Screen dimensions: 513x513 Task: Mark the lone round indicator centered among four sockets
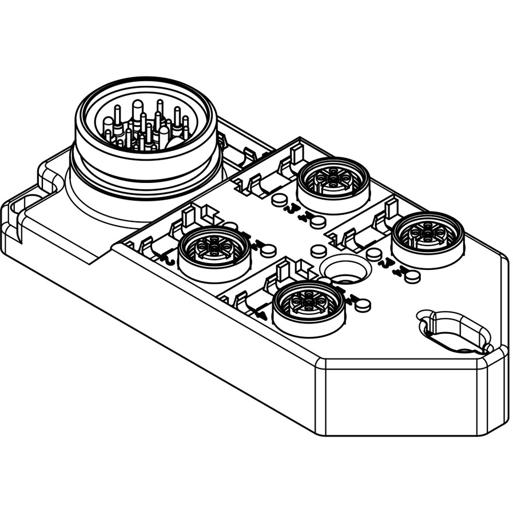[318, 251]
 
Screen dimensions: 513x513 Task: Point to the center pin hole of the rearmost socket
[333, 178]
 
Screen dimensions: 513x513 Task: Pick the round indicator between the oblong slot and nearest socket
[412, 276]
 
